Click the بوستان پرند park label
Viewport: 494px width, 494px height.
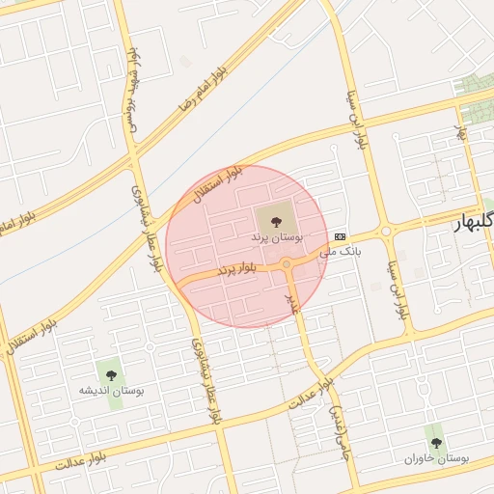coord(277,235)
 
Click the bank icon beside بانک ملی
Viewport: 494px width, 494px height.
coord(340,235)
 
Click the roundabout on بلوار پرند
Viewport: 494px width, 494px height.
coord(287,264)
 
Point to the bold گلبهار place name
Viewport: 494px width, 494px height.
coord(474,224)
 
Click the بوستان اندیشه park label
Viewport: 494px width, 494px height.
coord(112,391)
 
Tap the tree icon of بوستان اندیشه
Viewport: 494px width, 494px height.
coord(111,370)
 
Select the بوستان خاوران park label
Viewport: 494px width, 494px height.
coord(436,459)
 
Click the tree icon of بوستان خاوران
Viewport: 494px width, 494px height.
coord(436,442)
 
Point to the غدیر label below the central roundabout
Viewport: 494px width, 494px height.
coord(290,304)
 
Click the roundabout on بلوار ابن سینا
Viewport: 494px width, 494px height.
coord(386,231)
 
